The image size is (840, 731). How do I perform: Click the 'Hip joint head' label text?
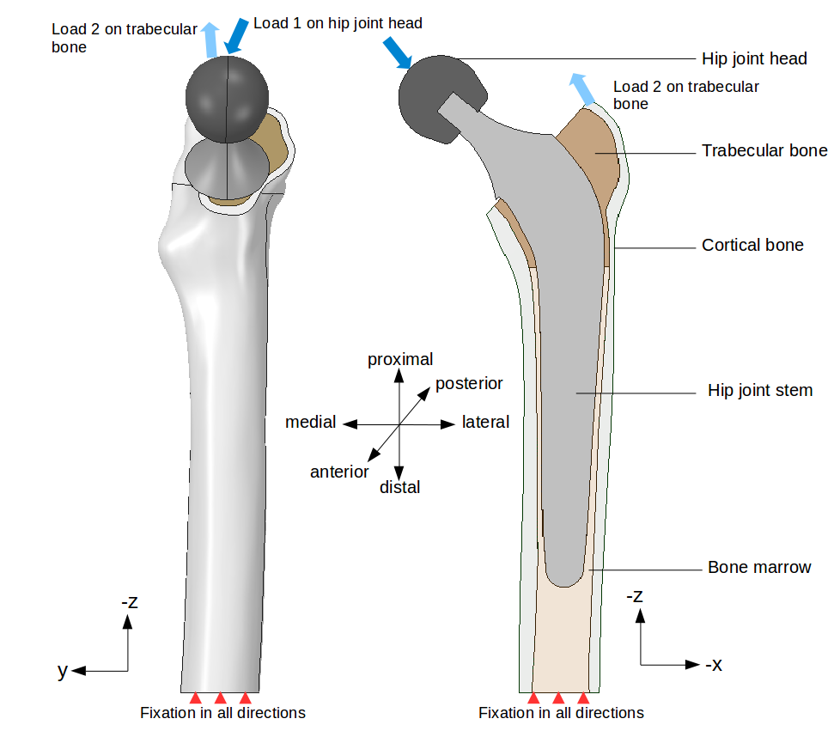754,58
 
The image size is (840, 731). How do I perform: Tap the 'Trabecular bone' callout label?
764,150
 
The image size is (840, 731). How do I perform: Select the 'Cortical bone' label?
752,245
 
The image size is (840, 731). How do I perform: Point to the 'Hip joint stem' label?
760,390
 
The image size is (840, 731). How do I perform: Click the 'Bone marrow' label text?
759,567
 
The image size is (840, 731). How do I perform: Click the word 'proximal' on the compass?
400,359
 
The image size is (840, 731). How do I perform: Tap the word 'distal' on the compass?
399,487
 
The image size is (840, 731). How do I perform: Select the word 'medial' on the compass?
310,422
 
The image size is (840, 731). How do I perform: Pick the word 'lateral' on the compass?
485,422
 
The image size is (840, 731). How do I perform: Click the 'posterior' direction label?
469,383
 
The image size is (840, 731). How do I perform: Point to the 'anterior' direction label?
339,472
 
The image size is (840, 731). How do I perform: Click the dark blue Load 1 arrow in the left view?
234,35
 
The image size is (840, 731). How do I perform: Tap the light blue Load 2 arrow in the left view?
209,40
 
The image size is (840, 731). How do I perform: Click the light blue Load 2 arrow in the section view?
582,88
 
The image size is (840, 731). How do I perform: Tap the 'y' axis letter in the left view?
62,670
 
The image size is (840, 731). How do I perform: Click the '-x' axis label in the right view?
713,664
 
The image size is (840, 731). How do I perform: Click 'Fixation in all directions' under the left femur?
222,712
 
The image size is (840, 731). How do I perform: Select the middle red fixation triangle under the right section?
558,697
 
